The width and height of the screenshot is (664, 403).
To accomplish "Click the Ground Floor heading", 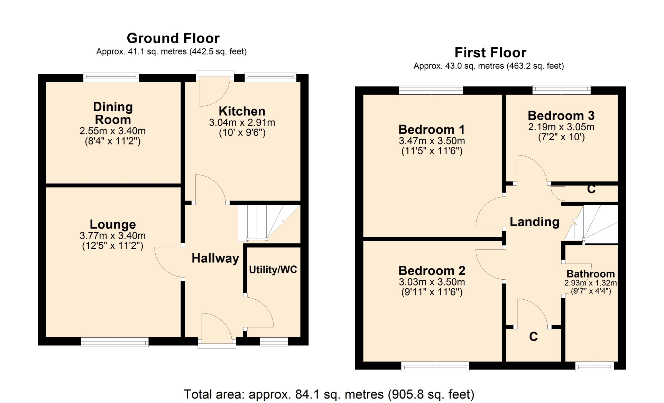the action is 173,38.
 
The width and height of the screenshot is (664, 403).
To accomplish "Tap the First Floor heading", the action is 490,53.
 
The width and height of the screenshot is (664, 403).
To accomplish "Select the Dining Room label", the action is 113,113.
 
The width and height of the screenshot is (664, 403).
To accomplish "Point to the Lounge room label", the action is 113,224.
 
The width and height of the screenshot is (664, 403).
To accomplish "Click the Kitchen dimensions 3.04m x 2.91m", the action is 242,122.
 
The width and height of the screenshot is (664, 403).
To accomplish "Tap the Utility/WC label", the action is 273,270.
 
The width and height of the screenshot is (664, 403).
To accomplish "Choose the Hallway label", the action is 215,258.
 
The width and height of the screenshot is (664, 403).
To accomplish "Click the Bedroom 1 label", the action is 432,130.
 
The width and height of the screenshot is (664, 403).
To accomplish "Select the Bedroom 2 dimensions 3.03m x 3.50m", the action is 432,282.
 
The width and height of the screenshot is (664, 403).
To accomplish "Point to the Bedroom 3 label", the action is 561,115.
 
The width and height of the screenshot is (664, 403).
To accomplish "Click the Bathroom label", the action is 591,274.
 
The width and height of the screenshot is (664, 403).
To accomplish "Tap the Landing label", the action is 534,222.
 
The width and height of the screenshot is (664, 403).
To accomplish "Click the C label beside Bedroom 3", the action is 591,189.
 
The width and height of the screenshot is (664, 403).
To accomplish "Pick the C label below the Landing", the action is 533,337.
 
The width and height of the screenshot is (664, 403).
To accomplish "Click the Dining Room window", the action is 111,77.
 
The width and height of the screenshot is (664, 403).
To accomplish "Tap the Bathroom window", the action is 594,366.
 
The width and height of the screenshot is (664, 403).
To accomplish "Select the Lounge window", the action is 115,342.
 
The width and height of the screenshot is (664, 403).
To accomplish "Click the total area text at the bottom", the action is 329,394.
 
